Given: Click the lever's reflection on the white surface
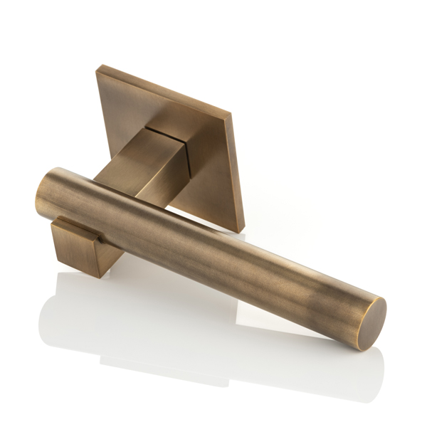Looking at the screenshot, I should point(213,334).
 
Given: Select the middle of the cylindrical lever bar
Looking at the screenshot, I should point(206,242).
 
